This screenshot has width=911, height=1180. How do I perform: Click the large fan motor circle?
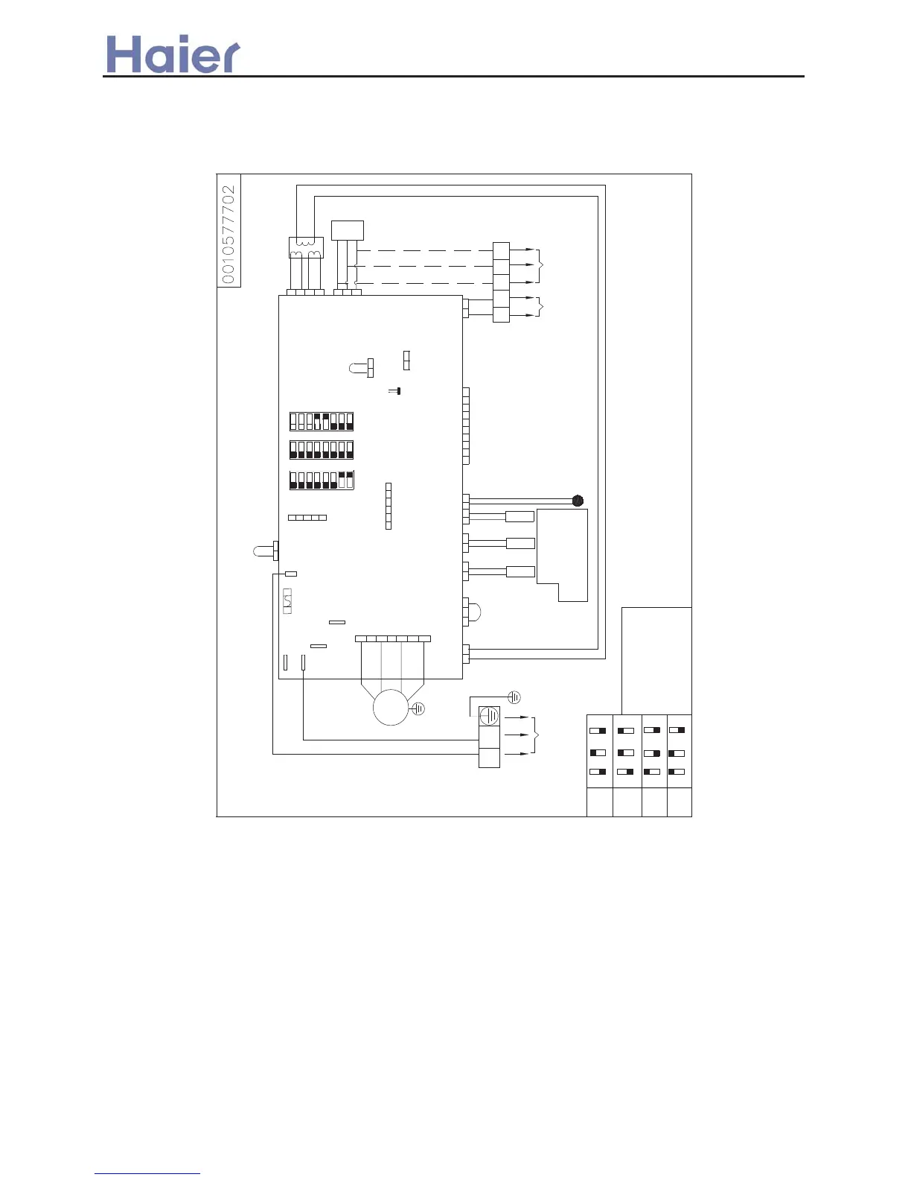[x=391, y=707]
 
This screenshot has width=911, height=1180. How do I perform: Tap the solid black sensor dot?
[x=578, y=501]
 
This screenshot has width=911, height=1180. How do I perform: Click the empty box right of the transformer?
[x=347, y=230]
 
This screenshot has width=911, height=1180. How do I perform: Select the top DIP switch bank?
[x=322, y=422]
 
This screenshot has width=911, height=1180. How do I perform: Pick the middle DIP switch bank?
[x=322, y=450]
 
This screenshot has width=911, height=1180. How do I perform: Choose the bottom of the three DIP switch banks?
[x=322, y=480]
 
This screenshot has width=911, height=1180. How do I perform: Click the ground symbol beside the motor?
[x=418, y=709]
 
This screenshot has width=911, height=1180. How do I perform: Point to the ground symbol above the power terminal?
[x=514, y=697]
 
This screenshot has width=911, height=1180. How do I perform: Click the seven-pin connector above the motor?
[x=393, y=639]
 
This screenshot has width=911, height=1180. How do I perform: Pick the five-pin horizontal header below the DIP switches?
[x=307, y=518]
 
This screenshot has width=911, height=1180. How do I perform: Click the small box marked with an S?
[x=287, y=600]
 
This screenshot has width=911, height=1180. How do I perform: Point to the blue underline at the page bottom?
[x=147, y=1174]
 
